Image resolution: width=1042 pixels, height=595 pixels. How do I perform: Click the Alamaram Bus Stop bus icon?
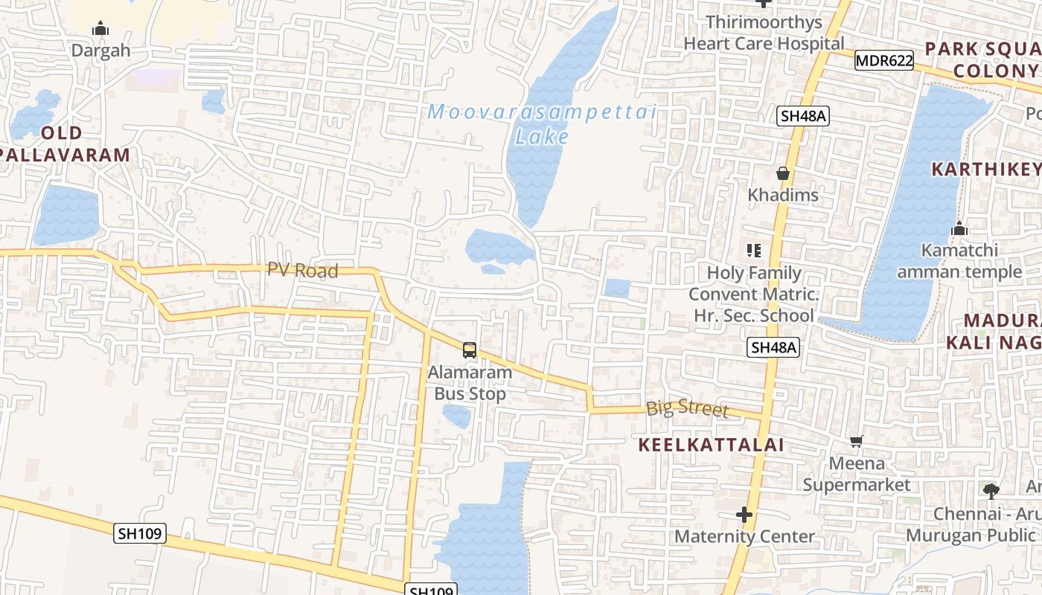click(x=470, y=350)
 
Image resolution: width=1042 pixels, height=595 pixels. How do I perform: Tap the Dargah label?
click(x=100, y=51)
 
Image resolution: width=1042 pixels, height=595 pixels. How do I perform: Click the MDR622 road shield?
click(x=883, y=61)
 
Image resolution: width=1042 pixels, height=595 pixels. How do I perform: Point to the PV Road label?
click(x=303, y=271)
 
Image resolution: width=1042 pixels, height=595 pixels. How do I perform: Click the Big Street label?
click(x=687, y=408)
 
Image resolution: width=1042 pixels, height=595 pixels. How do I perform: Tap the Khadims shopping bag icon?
click(x=783, y=174)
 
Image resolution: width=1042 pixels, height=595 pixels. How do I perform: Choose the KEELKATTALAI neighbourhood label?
click(x=712, y=445)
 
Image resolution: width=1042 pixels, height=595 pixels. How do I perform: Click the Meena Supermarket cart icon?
click(x=857, y=442)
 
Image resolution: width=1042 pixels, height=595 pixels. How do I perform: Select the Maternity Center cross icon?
click(x=744, y=515)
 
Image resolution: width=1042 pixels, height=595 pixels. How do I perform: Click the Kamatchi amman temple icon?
click(x=959, y=228)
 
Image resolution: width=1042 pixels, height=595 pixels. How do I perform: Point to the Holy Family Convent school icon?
click(x=754, y=251)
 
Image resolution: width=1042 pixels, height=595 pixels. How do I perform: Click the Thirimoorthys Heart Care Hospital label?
click(x=764, y=33)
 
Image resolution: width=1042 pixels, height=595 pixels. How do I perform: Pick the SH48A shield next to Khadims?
click(x=803, y=116)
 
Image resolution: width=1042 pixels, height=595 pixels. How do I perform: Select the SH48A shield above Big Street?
click(x=773, y=347)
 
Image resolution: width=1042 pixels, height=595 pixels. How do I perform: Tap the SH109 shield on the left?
click(x=140, y=533)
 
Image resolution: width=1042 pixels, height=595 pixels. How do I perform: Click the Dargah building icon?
click(x=100, y=30)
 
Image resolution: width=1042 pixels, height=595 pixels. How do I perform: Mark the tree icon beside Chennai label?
click(x=991, y=491)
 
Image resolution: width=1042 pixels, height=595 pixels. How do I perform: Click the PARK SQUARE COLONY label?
click(x=982, y=60)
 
